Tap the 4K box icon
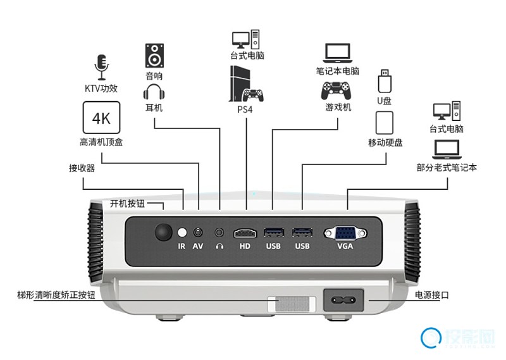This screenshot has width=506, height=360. [x=101, y=118]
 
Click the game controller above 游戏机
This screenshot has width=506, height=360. [x=338, y=89]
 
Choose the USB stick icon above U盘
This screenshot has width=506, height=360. [x=385, y=82]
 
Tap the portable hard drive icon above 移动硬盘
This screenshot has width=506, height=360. [x=385, y=122]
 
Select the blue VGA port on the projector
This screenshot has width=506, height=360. [x=345, y=232]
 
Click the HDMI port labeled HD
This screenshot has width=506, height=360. [x=245, y=232]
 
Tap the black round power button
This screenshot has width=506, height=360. [x=164, y=232]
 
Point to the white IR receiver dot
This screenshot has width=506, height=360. [x=182, y=232]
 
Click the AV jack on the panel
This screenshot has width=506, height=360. [x=199, y=232]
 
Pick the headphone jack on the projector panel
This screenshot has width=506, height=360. [x=219, y=232]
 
